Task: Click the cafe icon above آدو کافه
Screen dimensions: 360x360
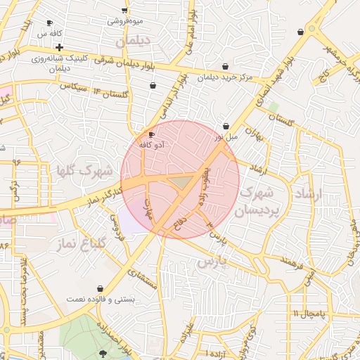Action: (x=151, y=134)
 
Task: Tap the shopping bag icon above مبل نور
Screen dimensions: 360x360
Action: (x=226, y=126)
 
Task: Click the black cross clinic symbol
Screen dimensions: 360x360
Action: (x=60, y=48)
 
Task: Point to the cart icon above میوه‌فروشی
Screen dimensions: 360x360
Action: (x=124, y=10)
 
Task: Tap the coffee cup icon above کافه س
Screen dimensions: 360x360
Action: (x=49, y=23)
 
